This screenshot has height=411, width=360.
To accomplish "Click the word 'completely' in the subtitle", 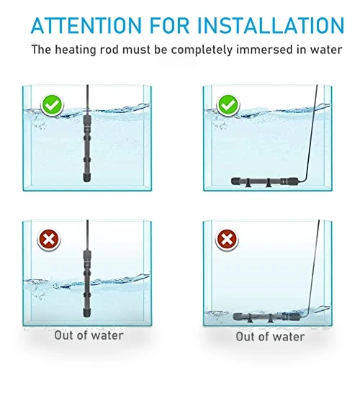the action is [x=202, y=50].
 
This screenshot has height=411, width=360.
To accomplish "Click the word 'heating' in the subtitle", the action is [x=76, y=50].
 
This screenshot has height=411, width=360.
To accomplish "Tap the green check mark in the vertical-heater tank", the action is [x=52, y=105].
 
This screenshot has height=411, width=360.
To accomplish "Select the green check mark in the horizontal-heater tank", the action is [x=228, y=105].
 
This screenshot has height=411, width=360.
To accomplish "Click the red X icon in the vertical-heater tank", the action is [x=49, y=240].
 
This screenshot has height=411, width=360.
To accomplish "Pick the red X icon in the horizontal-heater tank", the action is [x=227, y=240].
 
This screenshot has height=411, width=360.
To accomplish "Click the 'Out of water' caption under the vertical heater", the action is [x=89, y=335].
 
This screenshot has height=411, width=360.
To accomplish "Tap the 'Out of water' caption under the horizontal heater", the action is [x=270, y=337].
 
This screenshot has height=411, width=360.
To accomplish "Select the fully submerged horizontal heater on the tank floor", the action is [x=265, y=181].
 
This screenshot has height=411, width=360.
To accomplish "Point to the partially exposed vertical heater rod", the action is [x=87, y=284].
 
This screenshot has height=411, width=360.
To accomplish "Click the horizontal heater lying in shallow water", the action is [x=266, y=317].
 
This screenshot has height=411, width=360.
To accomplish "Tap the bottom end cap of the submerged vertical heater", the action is [x=87, y=177].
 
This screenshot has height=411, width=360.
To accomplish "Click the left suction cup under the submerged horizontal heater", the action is [x=248, y=184].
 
